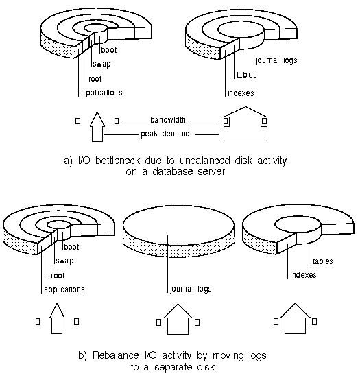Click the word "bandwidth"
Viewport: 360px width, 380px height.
(x=168, y=120)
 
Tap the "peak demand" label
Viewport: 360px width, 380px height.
(x=165, y=134)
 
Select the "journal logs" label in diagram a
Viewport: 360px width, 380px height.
(x=276, y=60)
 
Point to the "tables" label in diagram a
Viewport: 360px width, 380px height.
(x=246, y=75)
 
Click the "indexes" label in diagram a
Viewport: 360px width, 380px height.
(x=241, y=93)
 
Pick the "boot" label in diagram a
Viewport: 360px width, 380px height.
(x=109, y=50)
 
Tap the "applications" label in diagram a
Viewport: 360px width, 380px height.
(x=101, y=93)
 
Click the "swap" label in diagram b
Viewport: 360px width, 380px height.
(x=64, y=261)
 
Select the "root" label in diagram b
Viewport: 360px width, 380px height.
(x=58, y=276)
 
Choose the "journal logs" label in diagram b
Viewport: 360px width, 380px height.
(x=191, y=289)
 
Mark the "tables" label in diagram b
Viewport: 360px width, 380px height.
(x=323, y=261)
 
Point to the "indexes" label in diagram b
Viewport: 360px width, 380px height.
(x=303, y=275)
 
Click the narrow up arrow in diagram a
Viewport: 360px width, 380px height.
(x=97, y=127)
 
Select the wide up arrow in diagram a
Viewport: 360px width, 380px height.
(x=245, y=124)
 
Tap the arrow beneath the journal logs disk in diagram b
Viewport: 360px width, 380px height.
(x=178, y=319)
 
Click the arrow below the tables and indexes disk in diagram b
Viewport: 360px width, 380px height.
(x=295, y=318)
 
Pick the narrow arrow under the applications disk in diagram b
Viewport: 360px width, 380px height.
(x=57, y=318)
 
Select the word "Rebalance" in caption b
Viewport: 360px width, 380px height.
(x=116, y=355)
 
